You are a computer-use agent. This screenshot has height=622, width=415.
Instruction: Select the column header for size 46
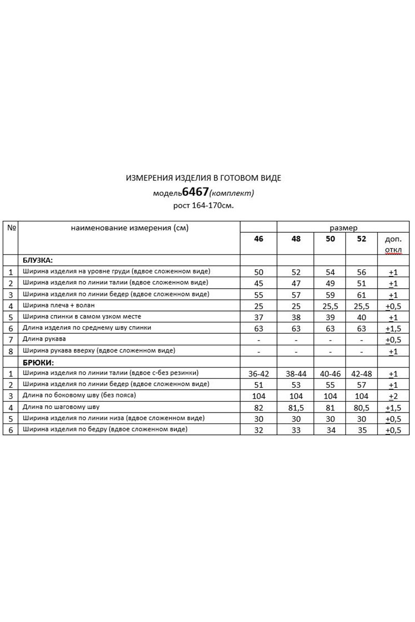point(258,239)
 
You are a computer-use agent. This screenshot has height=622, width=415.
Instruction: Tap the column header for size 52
point(362,239)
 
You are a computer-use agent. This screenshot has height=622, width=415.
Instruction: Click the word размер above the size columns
point(343,227)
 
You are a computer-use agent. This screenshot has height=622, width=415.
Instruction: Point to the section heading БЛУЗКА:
point(38,260)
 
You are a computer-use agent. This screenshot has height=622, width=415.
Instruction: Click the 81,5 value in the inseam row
point(296,407)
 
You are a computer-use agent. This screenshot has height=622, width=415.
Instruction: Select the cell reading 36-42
point(258,374)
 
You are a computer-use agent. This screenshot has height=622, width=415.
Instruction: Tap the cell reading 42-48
point(362,374)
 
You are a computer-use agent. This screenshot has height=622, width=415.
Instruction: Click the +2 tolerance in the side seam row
point(393,396)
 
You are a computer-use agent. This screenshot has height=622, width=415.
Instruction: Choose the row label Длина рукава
point(45,340)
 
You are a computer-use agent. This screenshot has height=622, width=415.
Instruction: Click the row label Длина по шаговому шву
point(61,407)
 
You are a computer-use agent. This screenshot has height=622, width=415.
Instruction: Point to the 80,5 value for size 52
point(362,407)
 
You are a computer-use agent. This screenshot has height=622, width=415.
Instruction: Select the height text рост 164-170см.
point(203,205)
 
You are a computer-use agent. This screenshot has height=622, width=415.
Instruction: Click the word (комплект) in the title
point(232,193)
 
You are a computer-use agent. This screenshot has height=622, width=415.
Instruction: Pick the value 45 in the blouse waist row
point(258,284)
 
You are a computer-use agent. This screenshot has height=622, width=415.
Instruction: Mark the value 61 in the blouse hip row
point(362,294)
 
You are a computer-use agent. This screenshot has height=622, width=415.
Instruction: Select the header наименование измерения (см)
point(129,227)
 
